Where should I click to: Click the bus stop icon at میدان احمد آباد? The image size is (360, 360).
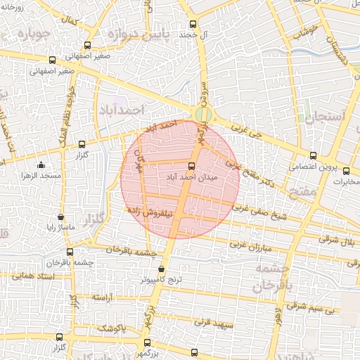pyautogui.click(x=191, y=167)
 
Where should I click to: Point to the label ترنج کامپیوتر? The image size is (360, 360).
pyautogui.click(x=160, y=279)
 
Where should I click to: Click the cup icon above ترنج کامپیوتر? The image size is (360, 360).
pyautogui.click(x=162, y=268)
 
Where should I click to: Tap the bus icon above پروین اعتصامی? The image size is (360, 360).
pyautogui.click(x=313, y=156)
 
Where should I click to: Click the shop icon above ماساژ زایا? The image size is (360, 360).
pyautogui.click(x=60, y=217)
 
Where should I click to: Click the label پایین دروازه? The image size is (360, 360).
pyautogui.click(x=130, y=32)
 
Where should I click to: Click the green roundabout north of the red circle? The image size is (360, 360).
pyautogui.click(x=202, y=114)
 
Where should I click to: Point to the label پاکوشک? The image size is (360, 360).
pyautogui.click(x=110, y=328)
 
